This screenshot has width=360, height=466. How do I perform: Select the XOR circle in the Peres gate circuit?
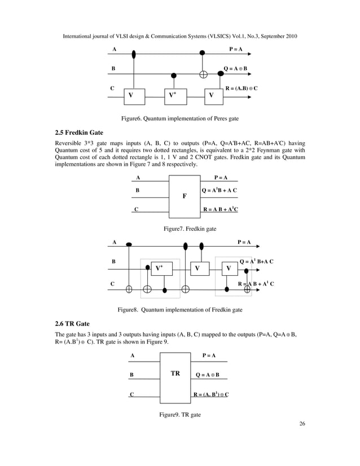pyautogui.click(x=203, y=74)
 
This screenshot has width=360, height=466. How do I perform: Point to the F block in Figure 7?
pyautogui.click(x=185, y=196)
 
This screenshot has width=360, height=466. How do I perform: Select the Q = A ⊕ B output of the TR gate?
pyautogui.click(x=207, y=375)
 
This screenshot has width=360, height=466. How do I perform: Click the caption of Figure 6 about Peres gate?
pyautogui.click(x=179, y=118)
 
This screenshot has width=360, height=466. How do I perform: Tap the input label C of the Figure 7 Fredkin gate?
pyautogui.click(x=137, y=209)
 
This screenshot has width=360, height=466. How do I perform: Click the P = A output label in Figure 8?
pyautogui.click(x=244, y=242)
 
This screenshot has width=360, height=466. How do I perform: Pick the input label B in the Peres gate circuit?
pyautogui.click(x=113, y=69)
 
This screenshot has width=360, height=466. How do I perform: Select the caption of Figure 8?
pyautogui.click(x=179, y=309)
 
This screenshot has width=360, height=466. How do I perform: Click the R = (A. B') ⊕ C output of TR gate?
pyautogui.click(x=211, y=394)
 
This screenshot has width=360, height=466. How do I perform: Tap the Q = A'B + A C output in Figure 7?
pyautogui.click(x=219, y=190)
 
